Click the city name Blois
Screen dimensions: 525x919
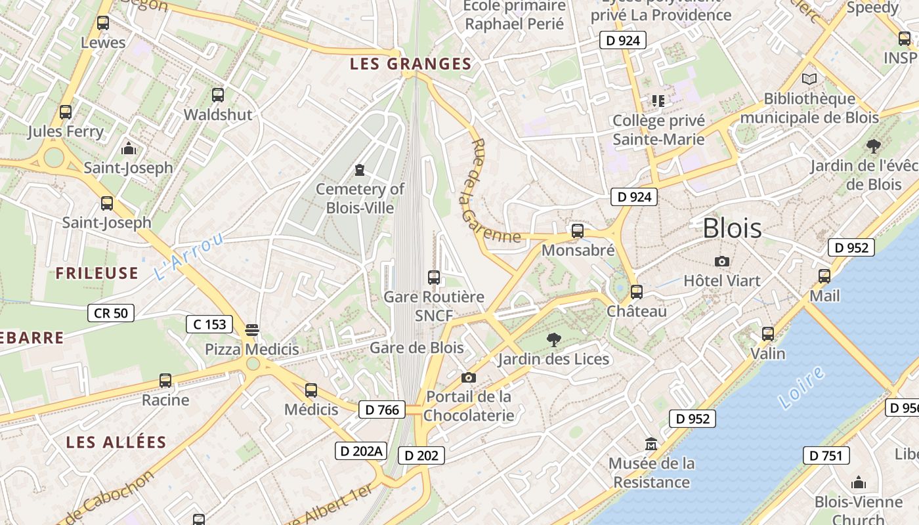click(732, 228)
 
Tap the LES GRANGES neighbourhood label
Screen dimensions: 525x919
click(411, 64)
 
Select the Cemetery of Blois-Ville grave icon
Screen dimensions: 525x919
click(359, 171)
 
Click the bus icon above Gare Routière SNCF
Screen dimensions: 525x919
click(433, 277)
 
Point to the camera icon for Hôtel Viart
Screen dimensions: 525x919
click(721, 261)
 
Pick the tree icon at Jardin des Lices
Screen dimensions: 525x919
click(553, 339)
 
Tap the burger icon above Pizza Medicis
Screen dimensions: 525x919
click(252, 329)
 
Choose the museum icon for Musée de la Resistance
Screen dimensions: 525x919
click(651, 444)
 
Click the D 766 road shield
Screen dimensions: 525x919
click(381, 409)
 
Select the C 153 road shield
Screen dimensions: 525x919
click(209, 324)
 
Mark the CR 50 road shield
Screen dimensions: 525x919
click(111, 313)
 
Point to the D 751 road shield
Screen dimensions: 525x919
click(826, 455)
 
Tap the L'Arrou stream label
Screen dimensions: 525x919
click(189, 256)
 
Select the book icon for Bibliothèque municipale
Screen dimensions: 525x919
click(809, 79)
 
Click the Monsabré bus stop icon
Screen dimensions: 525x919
click(578, 230)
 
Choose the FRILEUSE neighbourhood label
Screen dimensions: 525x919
click(97, 273)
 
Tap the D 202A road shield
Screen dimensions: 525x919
click(360, 451)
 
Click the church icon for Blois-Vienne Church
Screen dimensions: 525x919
click(858, 483)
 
